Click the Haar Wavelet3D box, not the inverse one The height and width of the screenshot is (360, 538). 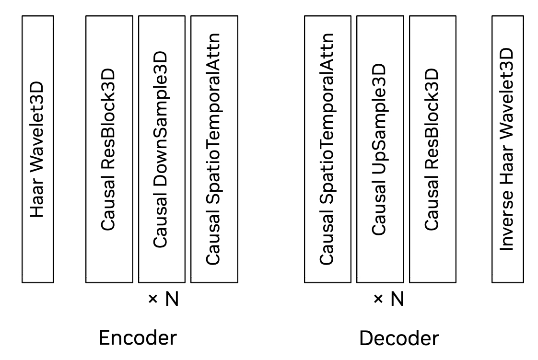[38, 149]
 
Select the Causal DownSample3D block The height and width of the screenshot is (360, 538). [162, 149]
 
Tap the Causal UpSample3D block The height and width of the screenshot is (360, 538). [379, 149]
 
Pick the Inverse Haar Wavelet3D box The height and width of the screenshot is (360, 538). [507, 149]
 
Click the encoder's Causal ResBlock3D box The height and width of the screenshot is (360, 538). [109, 149]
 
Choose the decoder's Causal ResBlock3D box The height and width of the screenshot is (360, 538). [432, 149]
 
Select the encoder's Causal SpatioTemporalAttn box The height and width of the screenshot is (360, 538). [214, 149]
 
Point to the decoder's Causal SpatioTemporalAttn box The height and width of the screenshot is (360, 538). [327, 149]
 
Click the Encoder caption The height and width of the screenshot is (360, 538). [138, 338]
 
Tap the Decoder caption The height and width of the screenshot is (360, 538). [399, 338]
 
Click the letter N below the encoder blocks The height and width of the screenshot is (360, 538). [172, 300]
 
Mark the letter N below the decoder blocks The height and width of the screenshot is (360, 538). [397, 300]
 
